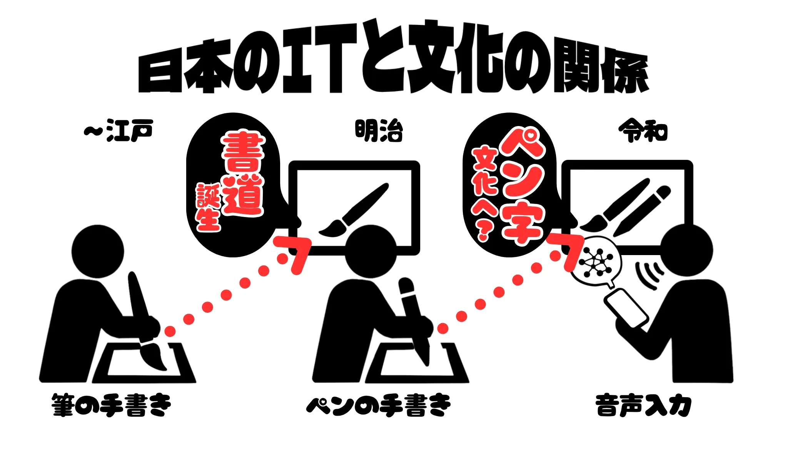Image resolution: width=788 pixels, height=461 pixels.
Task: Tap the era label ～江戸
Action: point(118,131)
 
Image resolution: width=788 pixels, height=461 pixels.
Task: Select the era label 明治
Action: point(379,131)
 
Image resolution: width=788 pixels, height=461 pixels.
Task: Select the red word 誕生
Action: point(209,207)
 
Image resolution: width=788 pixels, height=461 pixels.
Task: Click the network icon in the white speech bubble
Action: point(596,262)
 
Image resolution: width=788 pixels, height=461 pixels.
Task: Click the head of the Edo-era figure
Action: point(98,251)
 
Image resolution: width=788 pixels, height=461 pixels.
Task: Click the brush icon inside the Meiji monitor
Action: point(353,210)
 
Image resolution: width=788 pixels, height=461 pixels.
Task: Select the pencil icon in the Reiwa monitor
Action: point(642,211)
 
